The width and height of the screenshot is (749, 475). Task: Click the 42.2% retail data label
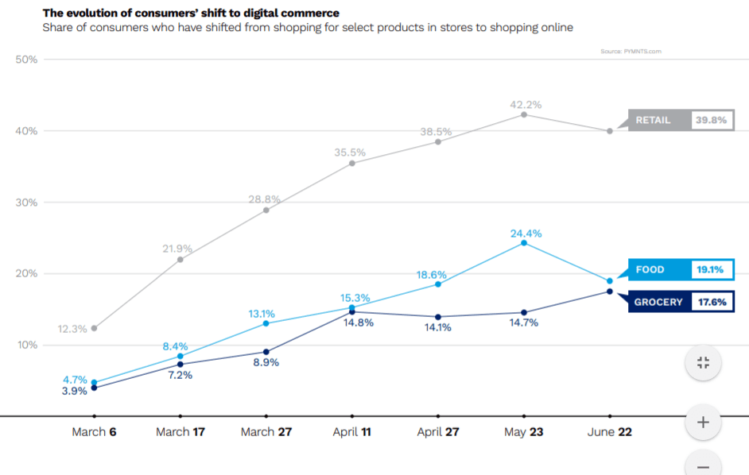526,104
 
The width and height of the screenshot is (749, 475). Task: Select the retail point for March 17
180,259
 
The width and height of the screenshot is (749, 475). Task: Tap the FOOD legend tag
650,270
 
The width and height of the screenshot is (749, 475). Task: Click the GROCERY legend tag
658,302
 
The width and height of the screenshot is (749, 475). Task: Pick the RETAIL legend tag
653,121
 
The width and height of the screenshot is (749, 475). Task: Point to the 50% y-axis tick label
26,60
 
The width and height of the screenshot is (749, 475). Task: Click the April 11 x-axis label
351,432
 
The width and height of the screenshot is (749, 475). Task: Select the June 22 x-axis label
609,432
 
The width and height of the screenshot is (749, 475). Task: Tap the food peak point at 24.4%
524,242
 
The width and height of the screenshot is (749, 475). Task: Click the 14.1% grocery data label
437,327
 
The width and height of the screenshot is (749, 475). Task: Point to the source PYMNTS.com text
631,51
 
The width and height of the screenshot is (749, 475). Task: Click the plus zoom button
703,423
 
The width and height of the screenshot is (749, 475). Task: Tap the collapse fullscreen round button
703,363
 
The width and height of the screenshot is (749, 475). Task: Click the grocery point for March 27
266,352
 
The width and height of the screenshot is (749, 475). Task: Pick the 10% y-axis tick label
26,346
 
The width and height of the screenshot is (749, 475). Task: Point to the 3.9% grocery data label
74,391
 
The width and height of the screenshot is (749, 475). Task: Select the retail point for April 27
437,141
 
